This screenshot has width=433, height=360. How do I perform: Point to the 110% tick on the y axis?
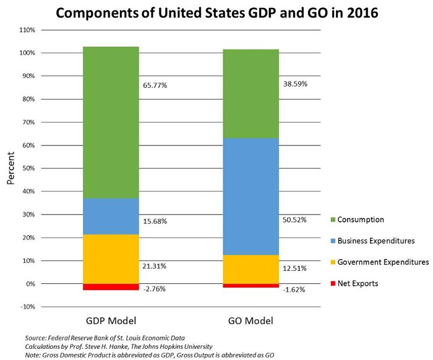click(27, 30)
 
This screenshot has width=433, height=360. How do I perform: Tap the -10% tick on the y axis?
click(27, 307)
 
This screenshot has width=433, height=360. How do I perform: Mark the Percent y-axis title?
click(11, 168)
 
